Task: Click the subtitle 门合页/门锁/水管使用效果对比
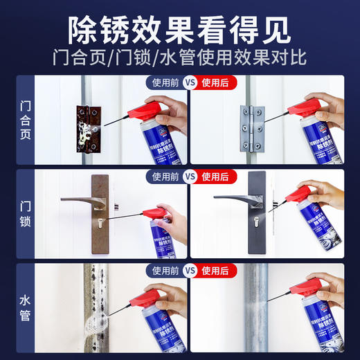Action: (179, 57)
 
